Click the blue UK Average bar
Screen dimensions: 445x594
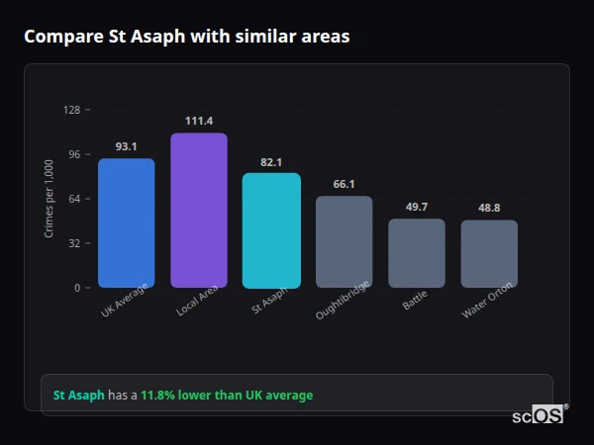[x=126, y=222]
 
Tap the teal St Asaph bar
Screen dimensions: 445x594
[x=271, y=230]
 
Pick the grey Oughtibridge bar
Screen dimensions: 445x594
[x=345, y=241]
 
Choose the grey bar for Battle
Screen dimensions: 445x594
[x=417, y=253]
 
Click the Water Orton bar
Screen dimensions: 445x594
[x=489, y=254]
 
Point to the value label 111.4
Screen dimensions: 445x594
[x=199, y=121]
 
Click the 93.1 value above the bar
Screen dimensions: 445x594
[x=126, y=146]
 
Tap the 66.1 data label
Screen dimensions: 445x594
[x=345, y=184]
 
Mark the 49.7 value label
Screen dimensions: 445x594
[x=417, y=207]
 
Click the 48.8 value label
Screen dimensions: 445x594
[x=489, y=208]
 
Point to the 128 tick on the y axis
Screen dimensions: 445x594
[x=71, y=110]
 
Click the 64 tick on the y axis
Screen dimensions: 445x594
[x=74, y=199]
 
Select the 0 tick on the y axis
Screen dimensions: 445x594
[x=77, y=288]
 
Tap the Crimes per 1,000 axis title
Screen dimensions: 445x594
[x=49, y=199]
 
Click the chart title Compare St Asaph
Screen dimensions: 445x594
[x=186, y=37]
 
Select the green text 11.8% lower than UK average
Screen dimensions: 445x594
[x=226, y=396]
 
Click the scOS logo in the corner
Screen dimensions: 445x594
[x=539, y=415]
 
